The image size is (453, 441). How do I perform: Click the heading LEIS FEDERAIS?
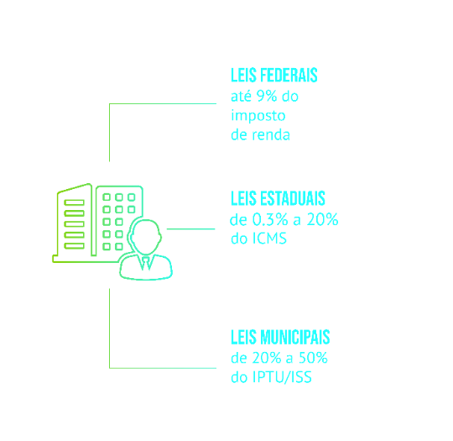[273, 75]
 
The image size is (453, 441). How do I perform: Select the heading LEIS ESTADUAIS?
[278, 198]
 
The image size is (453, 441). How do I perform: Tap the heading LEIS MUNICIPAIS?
[280, 337]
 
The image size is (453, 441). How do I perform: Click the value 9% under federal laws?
[267, 96]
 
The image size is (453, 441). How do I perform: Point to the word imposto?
[258, 116]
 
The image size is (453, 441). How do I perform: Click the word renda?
[271, 135]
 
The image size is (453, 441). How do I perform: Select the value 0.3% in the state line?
[270, 219]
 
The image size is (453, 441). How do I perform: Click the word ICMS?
[269, 239]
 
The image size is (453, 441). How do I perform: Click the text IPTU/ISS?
[282, 377]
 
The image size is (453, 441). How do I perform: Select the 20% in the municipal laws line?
[267, 358]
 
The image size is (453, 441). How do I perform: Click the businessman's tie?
[146, 263]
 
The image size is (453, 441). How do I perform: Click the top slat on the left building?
[75, 202]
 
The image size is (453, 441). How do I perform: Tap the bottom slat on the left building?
[75, 246]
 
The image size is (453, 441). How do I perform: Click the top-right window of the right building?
[132, 197]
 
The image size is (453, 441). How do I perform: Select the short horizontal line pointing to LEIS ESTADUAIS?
[190, 228]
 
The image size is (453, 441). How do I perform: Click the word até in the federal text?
[241, 96]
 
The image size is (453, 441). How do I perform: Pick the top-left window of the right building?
[107, 197]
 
